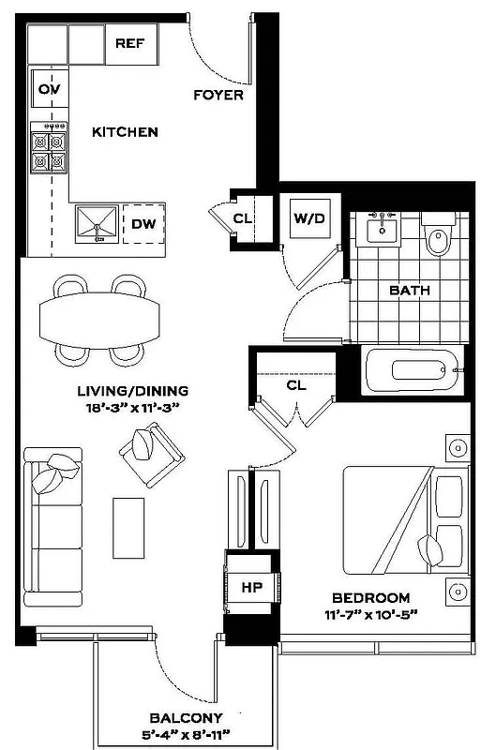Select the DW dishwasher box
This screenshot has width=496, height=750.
[x=143, y=224]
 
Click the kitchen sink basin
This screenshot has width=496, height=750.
[x=98, y=223]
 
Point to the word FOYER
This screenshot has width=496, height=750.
[x=218, y=95]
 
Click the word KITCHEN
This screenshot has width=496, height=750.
[x=125, y=132]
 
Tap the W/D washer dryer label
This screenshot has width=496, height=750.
[x=309, y=219]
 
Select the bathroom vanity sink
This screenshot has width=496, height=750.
[x=383, y=230]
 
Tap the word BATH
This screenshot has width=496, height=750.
[x=410, y=291]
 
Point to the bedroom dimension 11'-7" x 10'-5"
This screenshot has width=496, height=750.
[x=372, y=615]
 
